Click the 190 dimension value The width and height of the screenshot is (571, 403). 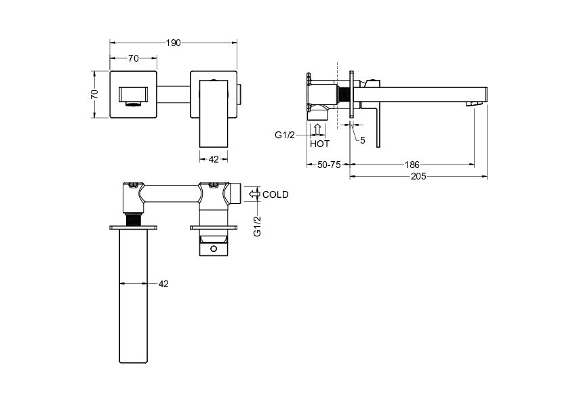[174, 43]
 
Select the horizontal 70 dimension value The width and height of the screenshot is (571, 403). [134, 58]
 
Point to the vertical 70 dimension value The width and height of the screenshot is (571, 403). [94, 94]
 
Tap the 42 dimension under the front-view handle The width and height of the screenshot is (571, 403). [214, 159]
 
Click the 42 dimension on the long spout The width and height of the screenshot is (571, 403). [163, 284]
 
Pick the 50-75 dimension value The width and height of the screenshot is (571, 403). [329, 165]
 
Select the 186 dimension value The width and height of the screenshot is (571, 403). [412, 165]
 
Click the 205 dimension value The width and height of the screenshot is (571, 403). [418, 176]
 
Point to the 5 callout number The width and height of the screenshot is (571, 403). [362, 140]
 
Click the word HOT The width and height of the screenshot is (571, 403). [319, 144]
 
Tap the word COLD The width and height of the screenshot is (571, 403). [275, 194]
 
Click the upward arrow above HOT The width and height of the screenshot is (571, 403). [317, 130]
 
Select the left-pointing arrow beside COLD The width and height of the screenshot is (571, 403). [254, 194]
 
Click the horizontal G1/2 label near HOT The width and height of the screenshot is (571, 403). [285, 135]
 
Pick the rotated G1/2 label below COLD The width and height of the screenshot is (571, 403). [257, 226]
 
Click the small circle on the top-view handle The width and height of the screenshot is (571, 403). [214, 249]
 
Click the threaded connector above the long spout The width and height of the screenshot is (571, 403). [134, 219]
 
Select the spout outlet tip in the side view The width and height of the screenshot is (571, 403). [475, 104]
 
